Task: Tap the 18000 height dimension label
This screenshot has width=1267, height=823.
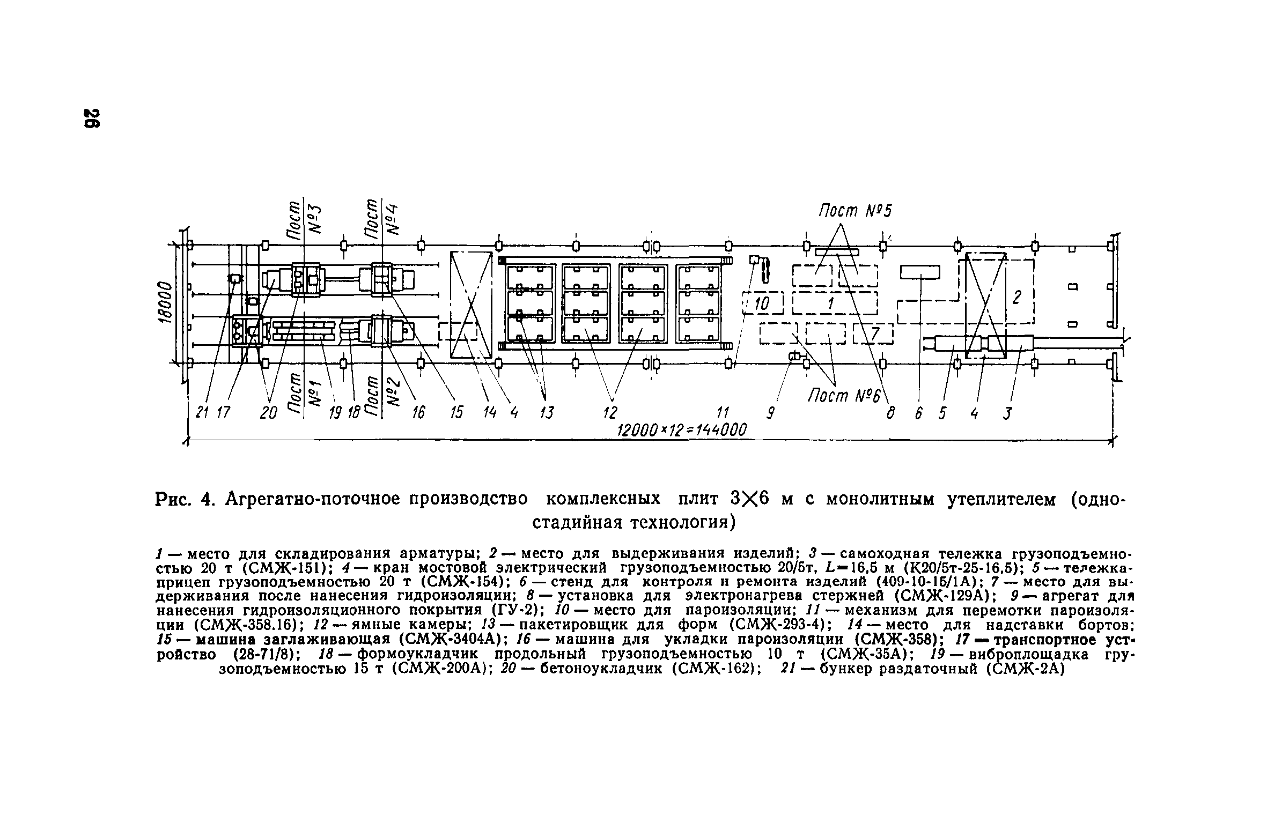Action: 165,303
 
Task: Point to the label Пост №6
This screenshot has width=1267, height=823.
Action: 844,397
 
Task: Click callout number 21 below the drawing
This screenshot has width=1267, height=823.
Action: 202,413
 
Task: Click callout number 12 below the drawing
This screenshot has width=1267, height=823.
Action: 610,413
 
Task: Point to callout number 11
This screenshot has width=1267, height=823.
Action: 724,413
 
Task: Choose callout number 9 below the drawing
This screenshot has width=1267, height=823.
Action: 771,413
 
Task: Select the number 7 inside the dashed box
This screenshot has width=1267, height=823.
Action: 875,333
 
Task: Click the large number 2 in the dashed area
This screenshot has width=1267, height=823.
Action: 1015,297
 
